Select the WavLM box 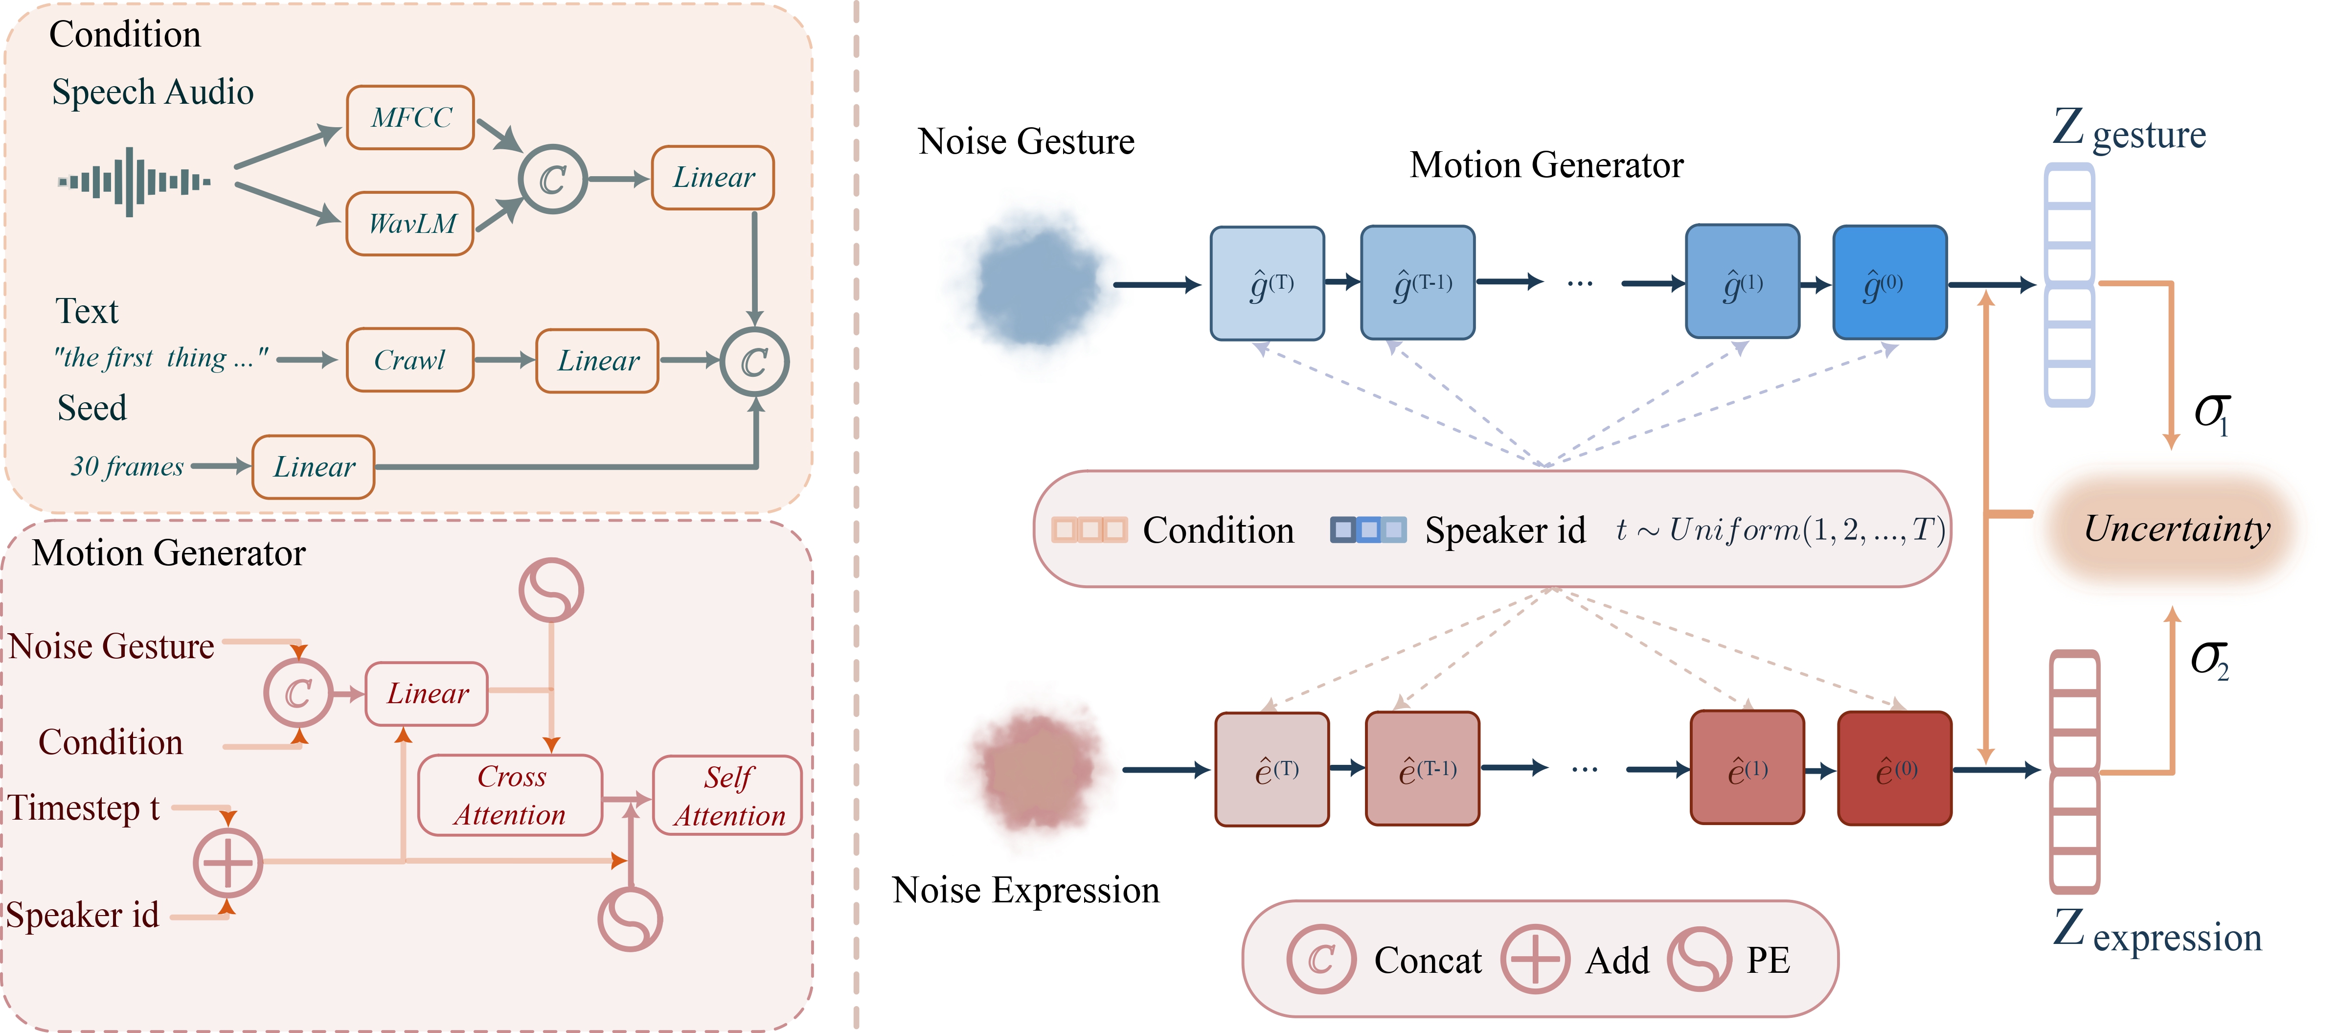(x=410, y=223)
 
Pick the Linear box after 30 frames (x=313, y=466)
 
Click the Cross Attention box (x=510, y=795)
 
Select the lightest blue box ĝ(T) (x=1267, y=283)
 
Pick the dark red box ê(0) (x=1894, y=769)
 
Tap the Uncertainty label (x=2177, y=528)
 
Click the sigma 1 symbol (x=2211, y=413)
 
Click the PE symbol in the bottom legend (x=1699, y=960)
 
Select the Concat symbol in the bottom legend (x=1320, y=960)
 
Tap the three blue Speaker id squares (x=1368, y=529)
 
